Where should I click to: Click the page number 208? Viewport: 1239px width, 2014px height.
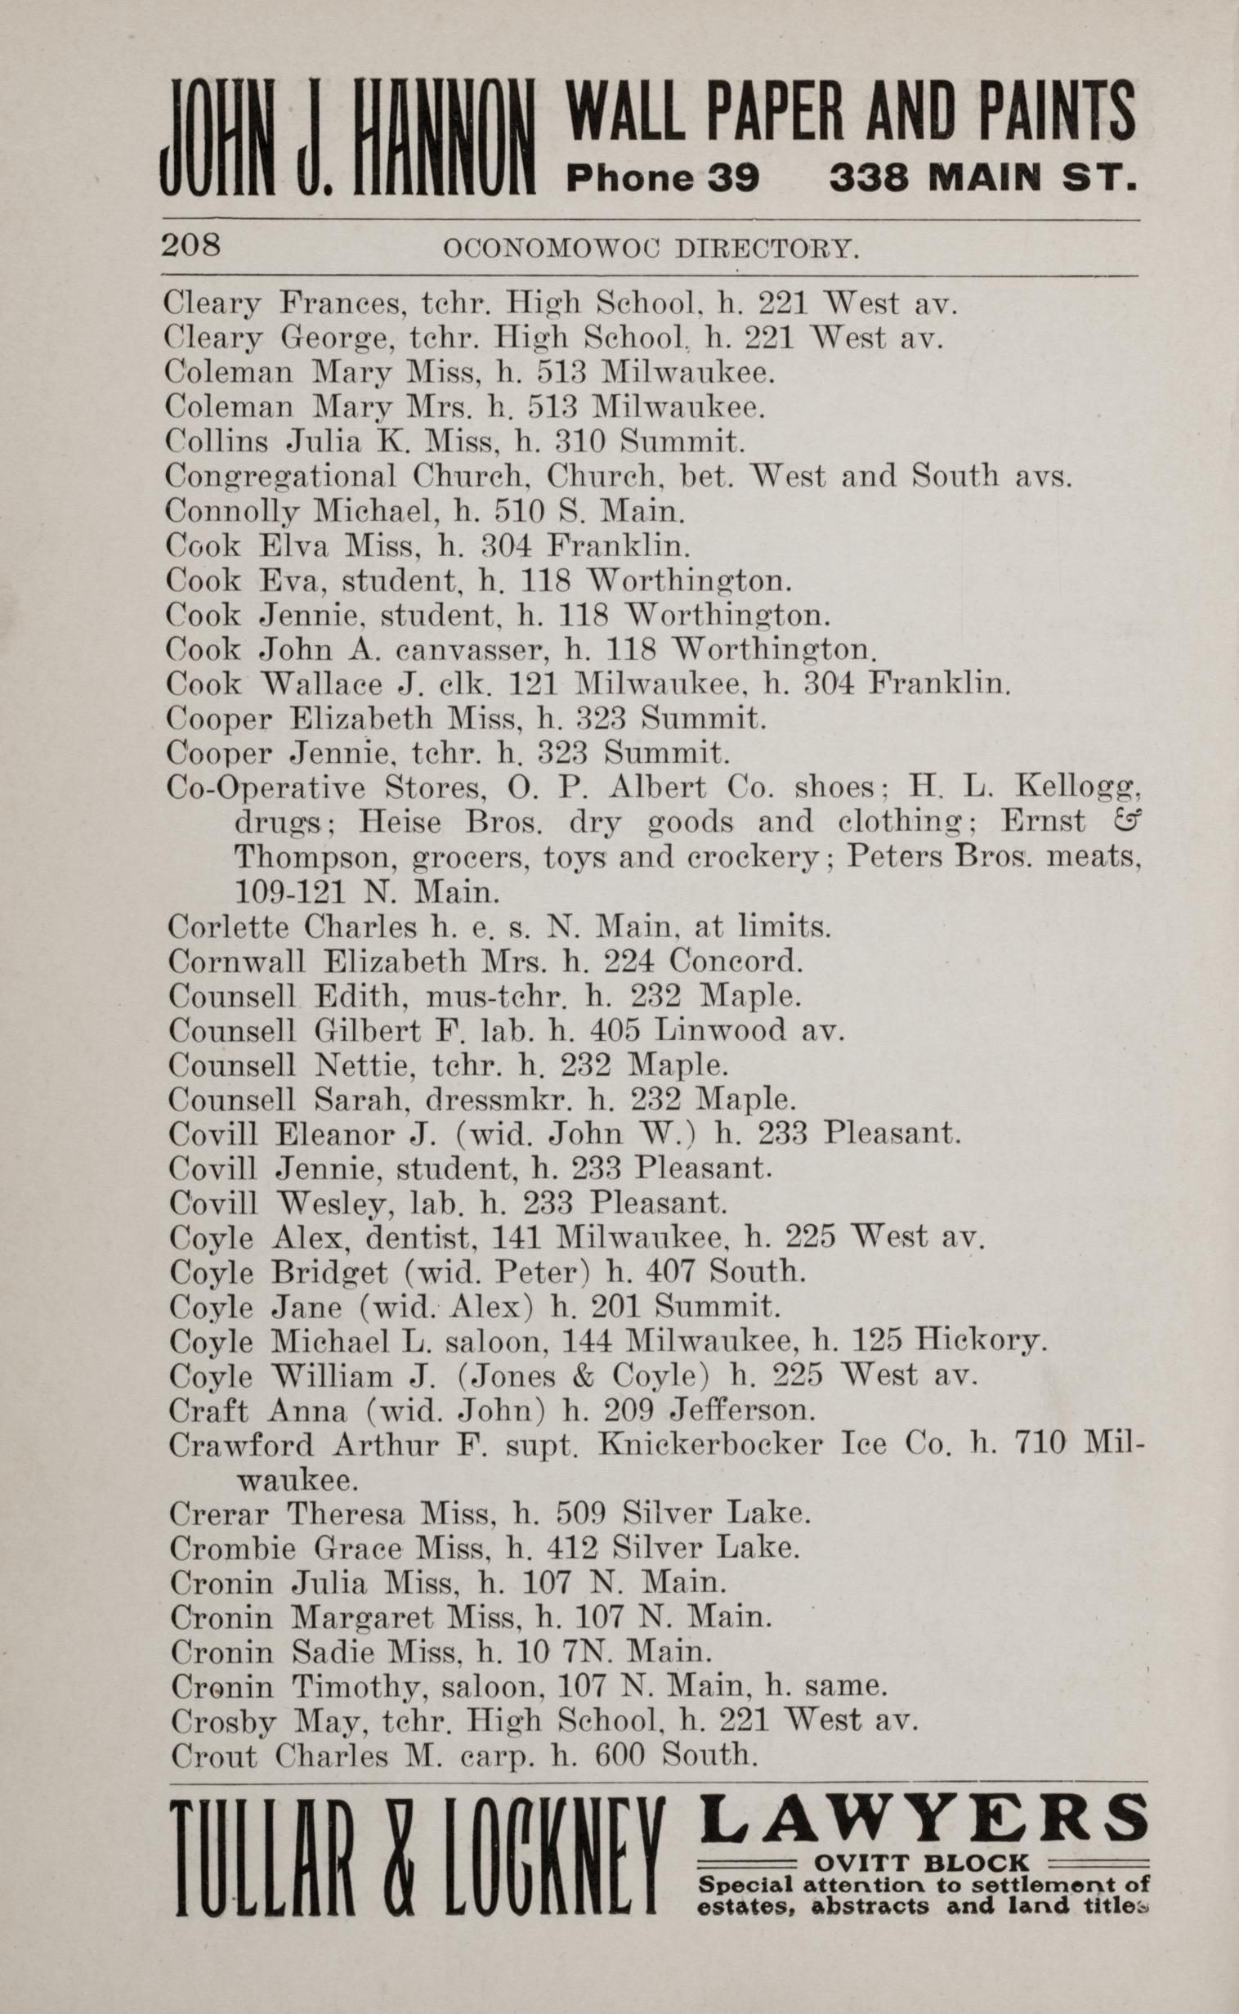tap(192, 245)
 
